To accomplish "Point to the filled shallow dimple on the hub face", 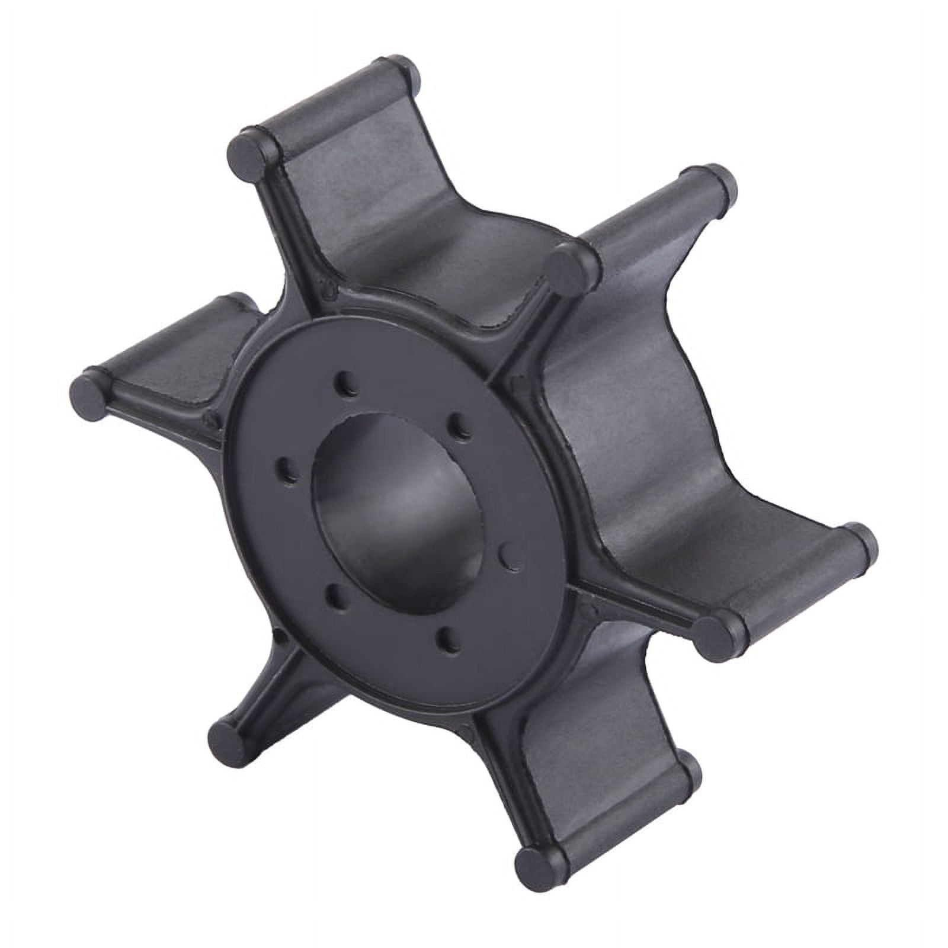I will [x=507, y=555].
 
